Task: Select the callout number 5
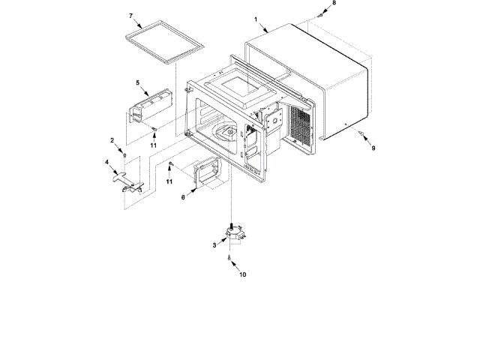point(138,82)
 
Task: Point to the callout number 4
point(107,161)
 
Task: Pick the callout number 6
point(182,198)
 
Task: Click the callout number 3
point(214,245)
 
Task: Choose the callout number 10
point(242,274)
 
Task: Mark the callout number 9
point(373,148)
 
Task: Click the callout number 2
point(112,140)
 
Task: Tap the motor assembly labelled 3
point(235,233)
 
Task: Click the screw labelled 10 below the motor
point(229,257)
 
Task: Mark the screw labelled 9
point(362,136)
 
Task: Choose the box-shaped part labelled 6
point(206,174)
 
